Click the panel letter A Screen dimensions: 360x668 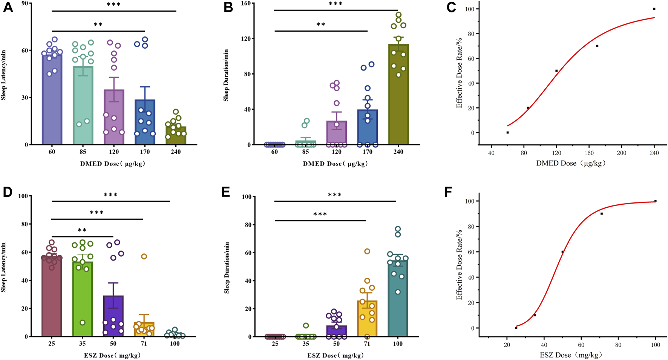pyautogui.click(x=8, y=7)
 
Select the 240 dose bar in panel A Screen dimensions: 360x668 pyautogui.click(x=176, y=136)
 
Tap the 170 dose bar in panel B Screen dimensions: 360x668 pyautogui.click(x=368, y=128)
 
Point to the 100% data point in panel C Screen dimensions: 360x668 pyautogui.click(x=654, y=9)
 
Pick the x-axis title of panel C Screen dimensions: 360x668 pyautogui.click(x=571, y=163)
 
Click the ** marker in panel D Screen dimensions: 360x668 pyautogui.click(x=82, y=230)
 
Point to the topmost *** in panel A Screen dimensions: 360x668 pyautogui.click(x=114, y=5)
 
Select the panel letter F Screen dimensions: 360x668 pyautogui.click(x=448, y=192)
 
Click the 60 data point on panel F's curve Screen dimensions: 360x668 pyautogui.click(x=562, y=251)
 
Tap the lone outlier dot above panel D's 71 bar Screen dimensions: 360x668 pyautogui.click(x=144, y=256)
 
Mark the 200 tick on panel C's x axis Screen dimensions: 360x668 pyautogui.click(x=621, y=153)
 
